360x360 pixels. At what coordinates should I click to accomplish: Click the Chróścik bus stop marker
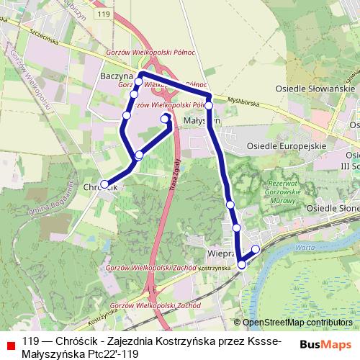click(x=104, y=184)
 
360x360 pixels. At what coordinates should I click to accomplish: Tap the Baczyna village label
click(x=117, y=75)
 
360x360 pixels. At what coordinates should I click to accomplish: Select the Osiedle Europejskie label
click(x=287, y=145)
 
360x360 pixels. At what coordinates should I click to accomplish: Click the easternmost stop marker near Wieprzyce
click(x=256, y=249)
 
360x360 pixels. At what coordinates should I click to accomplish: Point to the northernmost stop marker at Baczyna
click(x=139, y=81)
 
